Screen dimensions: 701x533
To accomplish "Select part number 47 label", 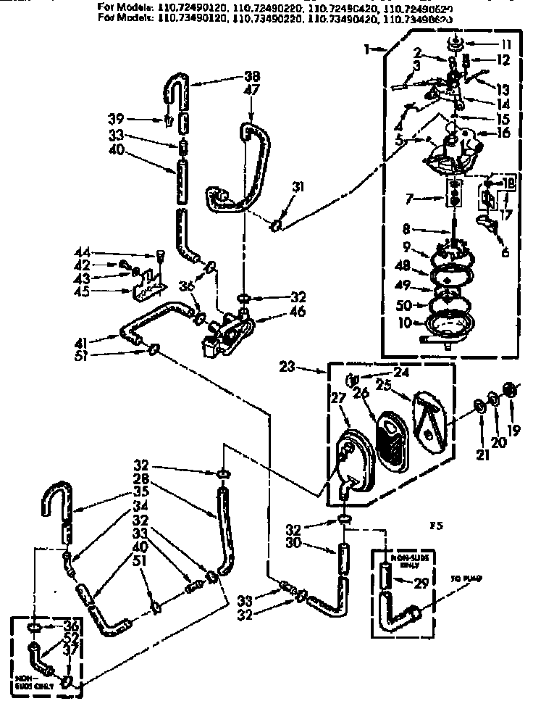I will [251, 91].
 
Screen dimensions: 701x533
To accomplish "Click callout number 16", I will [503, 133].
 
